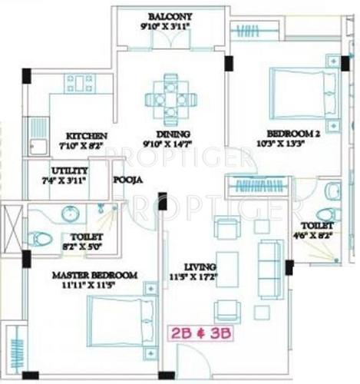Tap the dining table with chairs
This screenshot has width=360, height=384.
[168, 98]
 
